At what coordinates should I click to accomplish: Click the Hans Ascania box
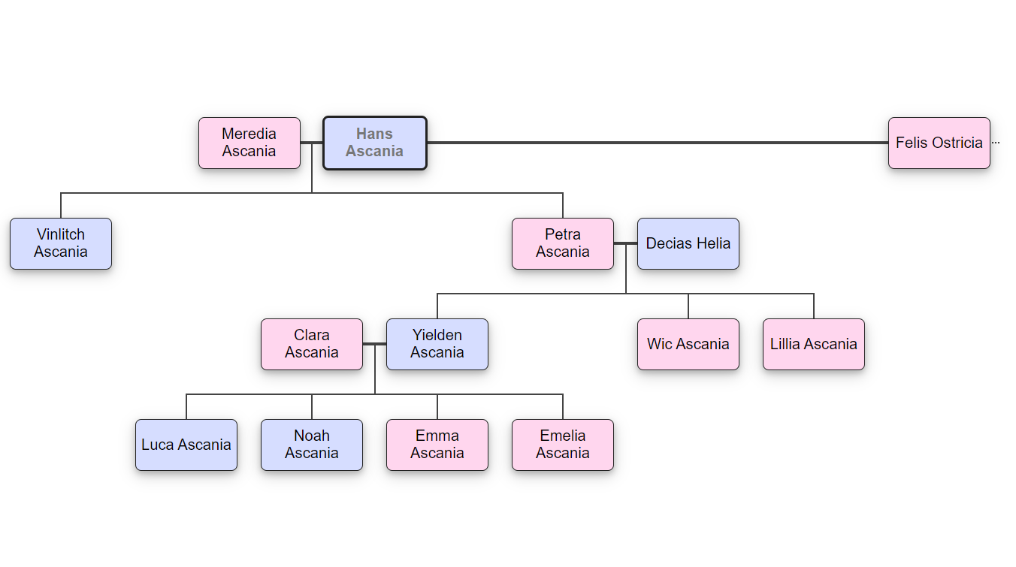click(x=375, y=143)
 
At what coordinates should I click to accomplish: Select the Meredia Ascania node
click(x=249, y=143)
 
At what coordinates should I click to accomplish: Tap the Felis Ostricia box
click(x=939, y=143)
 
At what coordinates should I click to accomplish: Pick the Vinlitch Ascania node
click(x=61, y=243)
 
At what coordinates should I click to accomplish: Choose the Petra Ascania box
click(x=563, y=243)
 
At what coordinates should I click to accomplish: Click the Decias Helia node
click(x=688, y=243)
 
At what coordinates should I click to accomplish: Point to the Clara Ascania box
click(x=312, y=344)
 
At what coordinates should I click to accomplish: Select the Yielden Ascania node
click(x=437, y=344)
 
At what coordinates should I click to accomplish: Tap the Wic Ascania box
click(x=688, y=344)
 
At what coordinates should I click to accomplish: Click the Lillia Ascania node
click(x=814, y=344)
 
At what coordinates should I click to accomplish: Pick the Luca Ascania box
click(x=186, y=445)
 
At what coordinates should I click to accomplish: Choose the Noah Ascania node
click(x=312, y=445)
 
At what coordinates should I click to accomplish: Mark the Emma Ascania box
click(x=437, y=445)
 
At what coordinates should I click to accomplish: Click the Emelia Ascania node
click(x=563, y=445)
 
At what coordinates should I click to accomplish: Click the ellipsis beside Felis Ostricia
click(x=996, y=143)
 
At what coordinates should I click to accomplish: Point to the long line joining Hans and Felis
click(x=658, y=143)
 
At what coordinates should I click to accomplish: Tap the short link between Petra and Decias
click(x=625, y=243)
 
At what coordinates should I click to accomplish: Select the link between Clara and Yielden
click(x=374, y=344)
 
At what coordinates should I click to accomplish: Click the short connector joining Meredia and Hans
click(x=312, y=143)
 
